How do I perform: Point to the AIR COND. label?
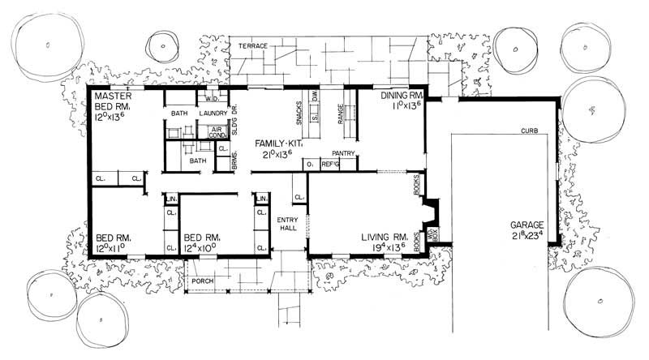coord(218,133)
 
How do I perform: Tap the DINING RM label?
coord(402,96)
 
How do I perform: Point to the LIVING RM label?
coord(385,238)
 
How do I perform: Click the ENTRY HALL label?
coord(288,225)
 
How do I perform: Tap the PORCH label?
coord(200,281)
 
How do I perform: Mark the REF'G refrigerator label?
coord(329,165)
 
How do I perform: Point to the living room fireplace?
coord(429,214)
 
